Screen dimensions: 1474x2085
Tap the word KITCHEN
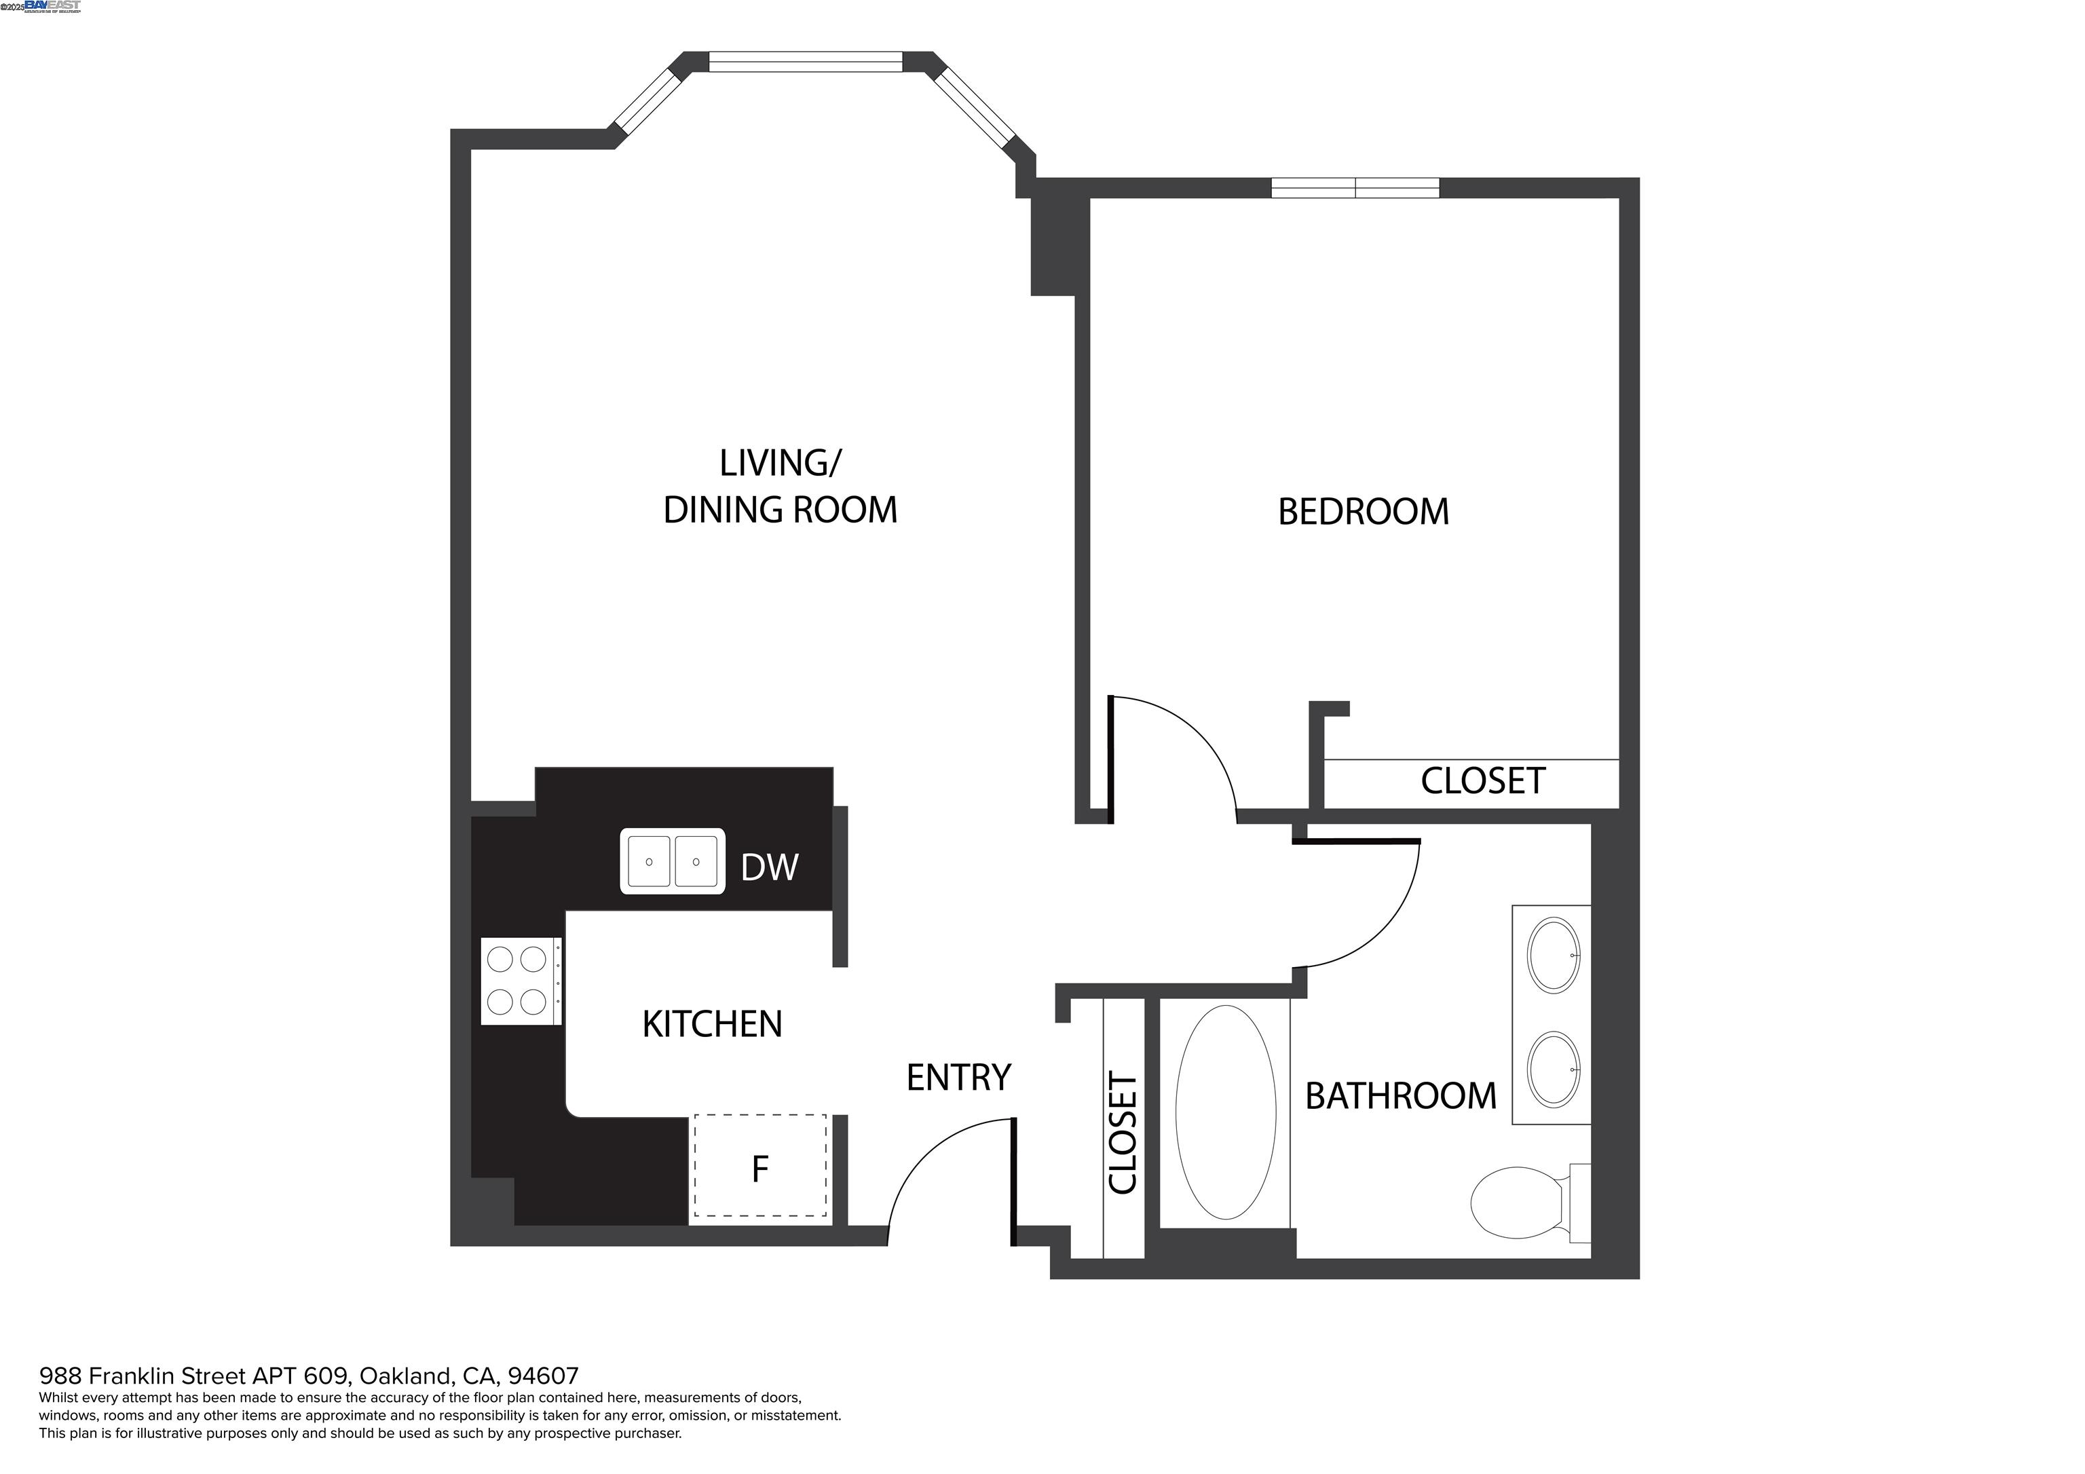tap(711, 1025)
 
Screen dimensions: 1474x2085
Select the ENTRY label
tap(958, 1078)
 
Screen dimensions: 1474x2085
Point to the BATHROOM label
tap(1400, 1096)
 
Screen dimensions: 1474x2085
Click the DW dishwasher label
tap(768, 867)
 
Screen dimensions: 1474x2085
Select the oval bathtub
tap(1224, 1112)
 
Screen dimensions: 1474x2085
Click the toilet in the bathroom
tap(1516, 1203)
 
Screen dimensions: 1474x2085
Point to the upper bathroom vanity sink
tap(1554, 956)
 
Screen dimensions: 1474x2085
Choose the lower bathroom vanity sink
tap(1554, 1069)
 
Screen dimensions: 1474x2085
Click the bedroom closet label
tap(1482, 781)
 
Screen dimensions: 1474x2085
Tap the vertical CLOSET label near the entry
tap(1123, 1133)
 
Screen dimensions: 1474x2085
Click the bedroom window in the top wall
tap(1354, 188)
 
